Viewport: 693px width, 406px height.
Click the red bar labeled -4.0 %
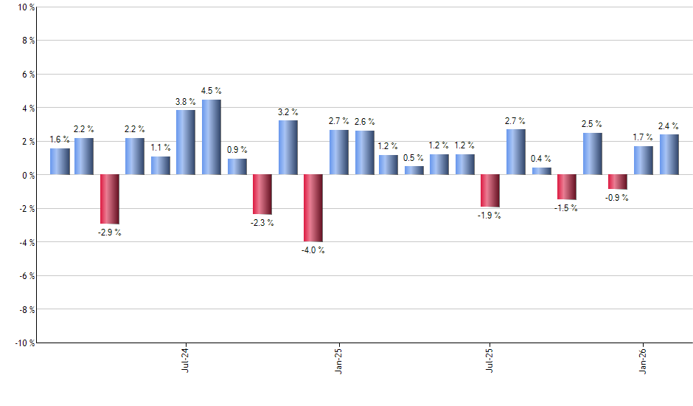(x=313, y=207)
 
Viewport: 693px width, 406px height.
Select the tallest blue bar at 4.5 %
(x=212, y=137)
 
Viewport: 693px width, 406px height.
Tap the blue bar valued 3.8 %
(x=186, y=142)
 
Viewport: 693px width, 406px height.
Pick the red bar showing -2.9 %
(x=110, y=199)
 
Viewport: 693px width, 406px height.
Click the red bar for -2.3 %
(x=262, y=194)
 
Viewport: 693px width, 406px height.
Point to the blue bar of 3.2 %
(x=288, y=148)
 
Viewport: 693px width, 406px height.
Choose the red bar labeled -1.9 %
(x=490, y=190)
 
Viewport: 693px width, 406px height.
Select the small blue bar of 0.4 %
(x=541, y=171)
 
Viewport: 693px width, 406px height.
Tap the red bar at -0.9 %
(x=618, y=182)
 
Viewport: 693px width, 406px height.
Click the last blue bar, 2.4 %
(x=669, y=154)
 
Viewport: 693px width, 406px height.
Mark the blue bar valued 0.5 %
(x=414, y=171)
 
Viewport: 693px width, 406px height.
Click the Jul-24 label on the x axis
(x=184, y=359)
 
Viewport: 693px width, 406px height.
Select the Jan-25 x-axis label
(x=338, y=359)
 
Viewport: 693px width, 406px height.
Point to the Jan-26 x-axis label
(x=643, y=359)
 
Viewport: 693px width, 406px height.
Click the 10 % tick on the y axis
(x=25, y=7)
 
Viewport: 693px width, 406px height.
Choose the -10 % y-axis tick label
(x=24, y=343)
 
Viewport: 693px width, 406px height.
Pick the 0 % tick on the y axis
(x=27, y=175)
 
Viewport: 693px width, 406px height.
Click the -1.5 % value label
(x=565, y=208)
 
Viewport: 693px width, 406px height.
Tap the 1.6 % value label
(x=60, y=140)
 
